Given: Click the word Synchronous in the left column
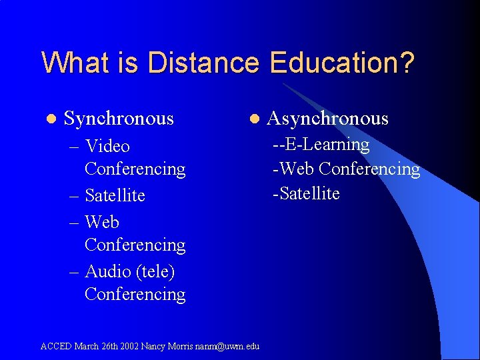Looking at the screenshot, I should (x=119, y=119).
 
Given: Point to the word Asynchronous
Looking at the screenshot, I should (x=327, y=119).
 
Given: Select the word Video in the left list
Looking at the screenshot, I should (x=107, y=146).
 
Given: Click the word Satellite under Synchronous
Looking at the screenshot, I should (x=115, y=195).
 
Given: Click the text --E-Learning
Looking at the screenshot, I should (x=321, y=145).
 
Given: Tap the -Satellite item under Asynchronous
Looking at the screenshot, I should (x=306, y=194).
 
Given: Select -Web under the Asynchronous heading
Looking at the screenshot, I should (x=291, y=169).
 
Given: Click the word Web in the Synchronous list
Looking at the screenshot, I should (x=102, y=221).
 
